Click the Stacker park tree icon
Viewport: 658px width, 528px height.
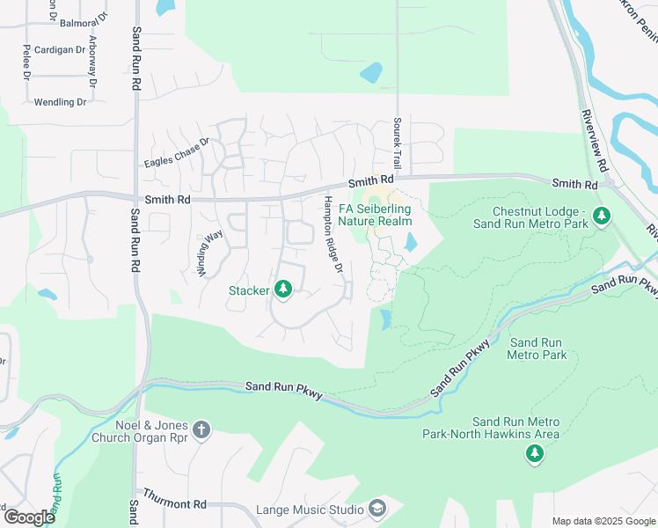point(282,290)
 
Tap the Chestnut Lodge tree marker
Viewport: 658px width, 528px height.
point(602,216)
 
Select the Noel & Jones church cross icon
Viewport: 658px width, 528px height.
point(201,429)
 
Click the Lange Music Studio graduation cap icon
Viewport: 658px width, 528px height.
point(377,510)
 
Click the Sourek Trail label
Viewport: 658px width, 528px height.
point(398,144)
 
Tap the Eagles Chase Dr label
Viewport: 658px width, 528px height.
point(177,152)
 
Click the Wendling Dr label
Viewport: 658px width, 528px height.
point(61,102)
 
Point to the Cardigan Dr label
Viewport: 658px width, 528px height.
point(60,50)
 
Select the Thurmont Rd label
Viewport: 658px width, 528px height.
point(174,503)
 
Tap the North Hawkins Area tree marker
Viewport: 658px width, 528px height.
point(533,453)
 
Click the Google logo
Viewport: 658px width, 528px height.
point(28,517)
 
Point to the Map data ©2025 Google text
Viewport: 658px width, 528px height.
point(603,521)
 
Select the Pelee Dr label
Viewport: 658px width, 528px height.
point(27,62)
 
